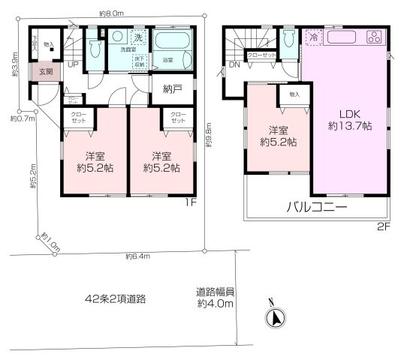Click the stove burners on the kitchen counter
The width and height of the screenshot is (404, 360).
pos(373,38)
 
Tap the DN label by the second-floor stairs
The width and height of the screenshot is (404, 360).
pos(234,65)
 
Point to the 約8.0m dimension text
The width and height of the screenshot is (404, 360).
pos(111,13)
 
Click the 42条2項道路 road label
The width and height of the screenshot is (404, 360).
pos(115,298)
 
